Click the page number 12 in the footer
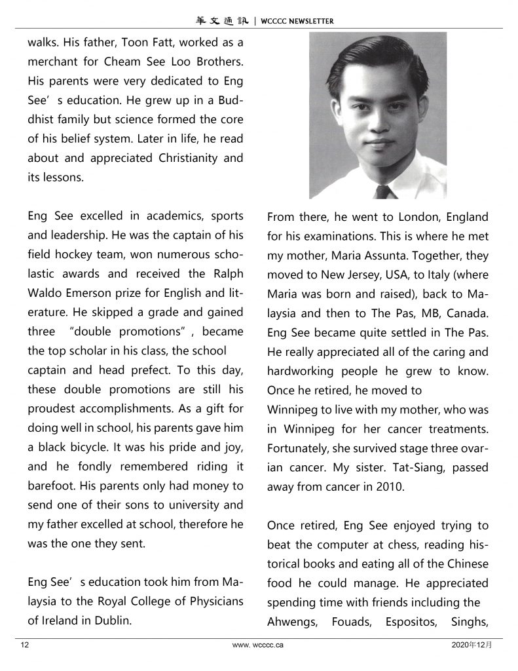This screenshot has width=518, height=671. point(25,645)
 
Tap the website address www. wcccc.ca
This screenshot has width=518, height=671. point(258,645)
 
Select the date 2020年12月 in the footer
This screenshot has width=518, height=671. point(472,645)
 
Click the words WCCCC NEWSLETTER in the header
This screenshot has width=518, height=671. point(297,21)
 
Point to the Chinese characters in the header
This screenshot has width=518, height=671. point(223,21)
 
